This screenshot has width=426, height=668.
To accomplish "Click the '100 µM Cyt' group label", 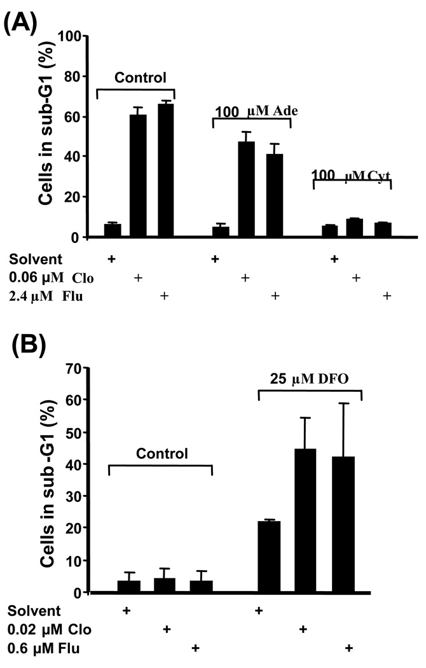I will tap(351, 174).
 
